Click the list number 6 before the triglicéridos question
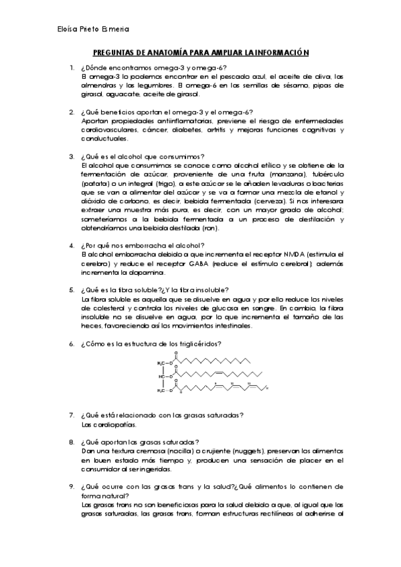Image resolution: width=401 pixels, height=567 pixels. [72, 344]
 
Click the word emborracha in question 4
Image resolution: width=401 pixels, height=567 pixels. [143, 245]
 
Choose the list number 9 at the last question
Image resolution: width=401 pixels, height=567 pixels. [72, 486]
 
